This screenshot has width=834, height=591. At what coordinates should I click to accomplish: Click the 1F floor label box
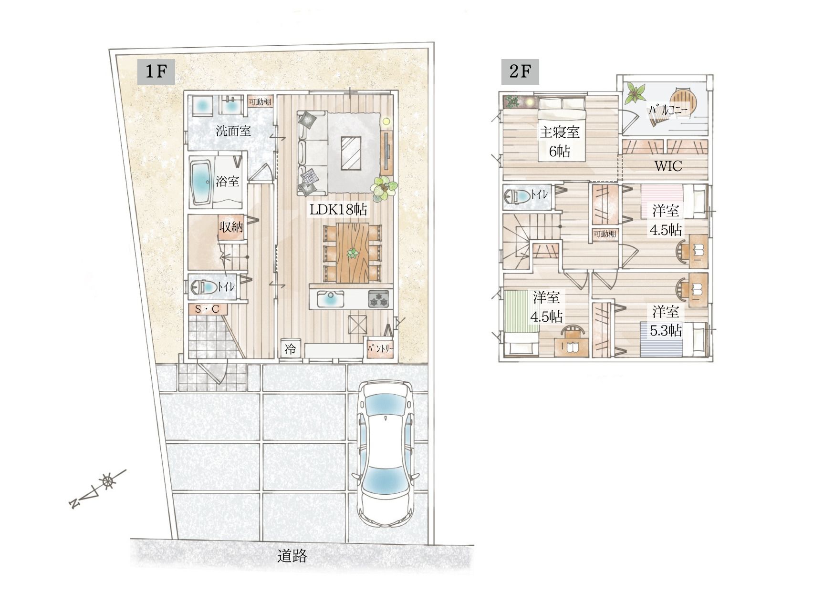click(x=156, y=72)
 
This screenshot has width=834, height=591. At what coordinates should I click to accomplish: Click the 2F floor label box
click(x=520, y=72)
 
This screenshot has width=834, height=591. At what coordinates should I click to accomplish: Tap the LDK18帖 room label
click(x=339, y=209)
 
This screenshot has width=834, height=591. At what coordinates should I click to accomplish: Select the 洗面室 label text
click(x=233, y=131)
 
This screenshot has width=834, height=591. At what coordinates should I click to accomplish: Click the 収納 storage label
click(x=231, y=227)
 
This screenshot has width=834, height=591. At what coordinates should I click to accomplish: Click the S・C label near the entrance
click(x=208, y=309)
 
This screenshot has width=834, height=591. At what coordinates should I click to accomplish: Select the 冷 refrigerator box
click(x=290, y=349)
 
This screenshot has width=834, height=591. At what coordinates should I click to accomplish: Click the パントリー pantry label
click(x=380, y=348)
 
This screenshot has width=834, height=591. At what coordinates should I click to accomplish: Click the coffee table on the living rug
click(x=351, y=153)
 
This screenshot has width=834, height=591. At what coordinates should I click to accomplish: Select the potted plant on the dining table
click(x=352, y=254)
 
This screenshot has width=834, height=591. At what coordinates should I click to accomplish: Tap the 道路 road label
click(x=292, y=556)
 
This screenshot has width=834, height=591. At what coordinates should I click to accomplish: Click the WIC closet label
click(x=668, y=166)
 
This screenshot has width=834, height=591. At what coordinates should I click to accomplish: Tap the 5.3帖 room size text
click(x=666, y=330)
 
